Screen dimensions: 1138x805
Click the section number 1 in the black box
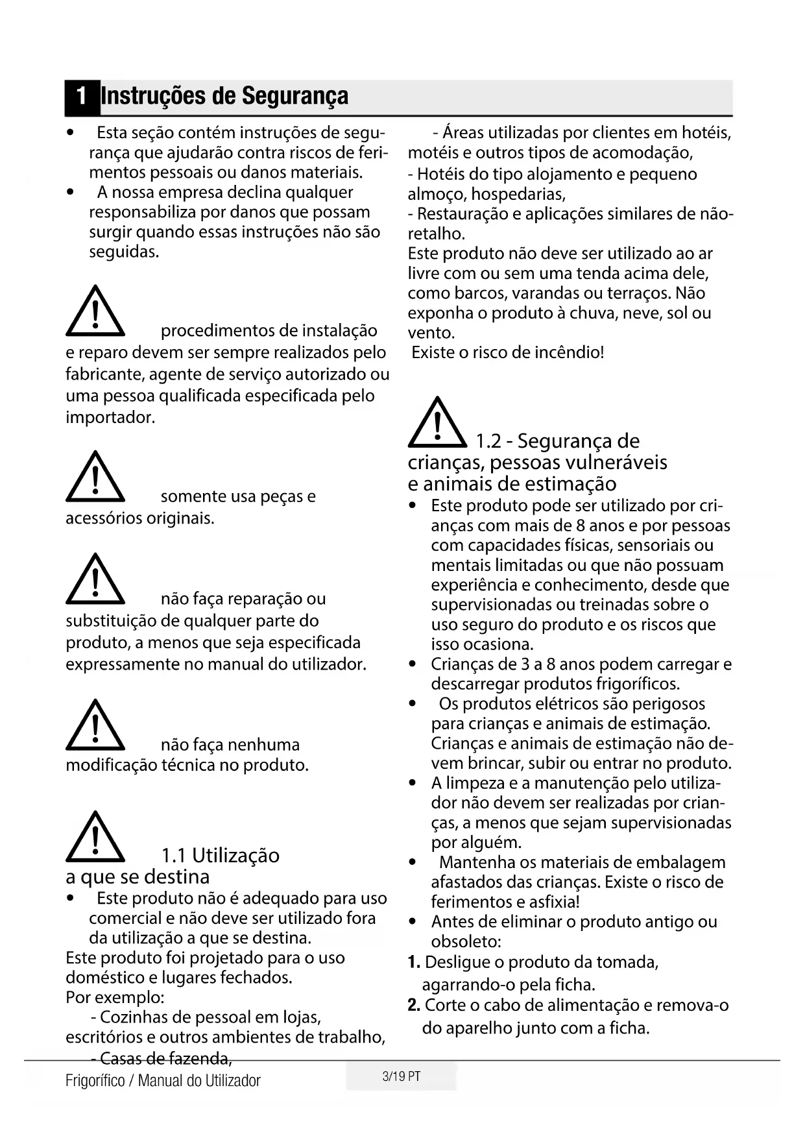pos(81,97)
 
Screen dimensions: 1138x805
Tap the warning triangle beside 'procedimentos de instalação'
pos(95,312)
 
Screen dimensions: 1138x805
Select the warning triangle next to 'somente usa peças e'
pos(95,478)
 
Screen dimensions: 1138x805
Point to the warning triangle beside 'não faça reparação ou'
pos(95,580)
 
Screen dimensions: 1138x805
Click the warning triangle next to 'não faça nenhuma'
pos(95,726)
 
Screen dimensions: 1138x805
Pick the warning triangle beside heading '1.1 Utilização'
pos(95,838)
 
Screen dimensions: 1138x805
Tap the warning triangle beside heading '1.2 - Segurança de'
pos(438,424)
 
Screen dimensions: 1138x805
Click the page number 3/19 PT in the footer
pos(402,1076)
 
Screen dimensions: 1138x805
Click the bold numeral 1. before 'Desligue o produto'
pos(414,962)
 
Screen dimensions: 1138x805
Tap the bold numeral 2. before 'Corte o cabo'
pos(414,1006)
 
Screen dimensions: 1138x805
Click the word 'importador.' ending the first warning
pos(110,417)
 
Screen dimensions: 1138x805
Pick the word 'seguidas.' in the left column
pos(124,252)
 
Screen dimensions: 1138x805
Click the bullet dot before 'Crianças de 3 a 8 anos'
pos(413,664)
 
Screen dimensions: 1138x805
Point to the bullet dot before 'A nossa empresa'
pos(70,193)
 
